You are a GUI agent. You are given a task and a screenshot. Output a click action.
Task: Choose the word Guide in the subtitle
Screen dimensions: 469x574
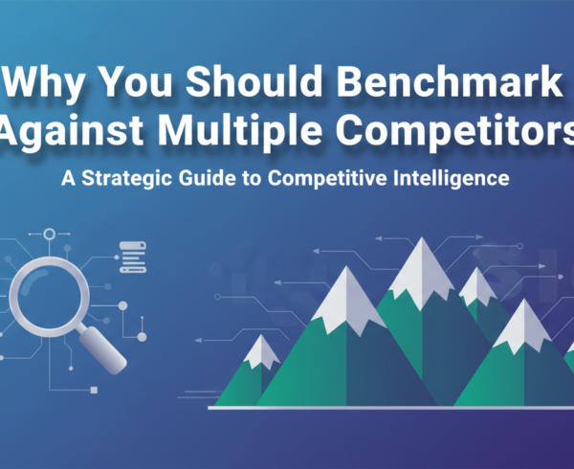click(x=214, y=178)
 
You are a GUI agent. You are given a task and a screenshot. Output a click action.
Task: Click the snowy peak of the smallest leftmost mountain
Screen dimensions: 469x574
click(x=260, y=353)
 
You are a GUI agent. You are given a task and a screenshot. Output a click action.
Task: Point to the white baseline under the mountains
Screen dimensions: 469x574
click(x=383, y=407)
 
